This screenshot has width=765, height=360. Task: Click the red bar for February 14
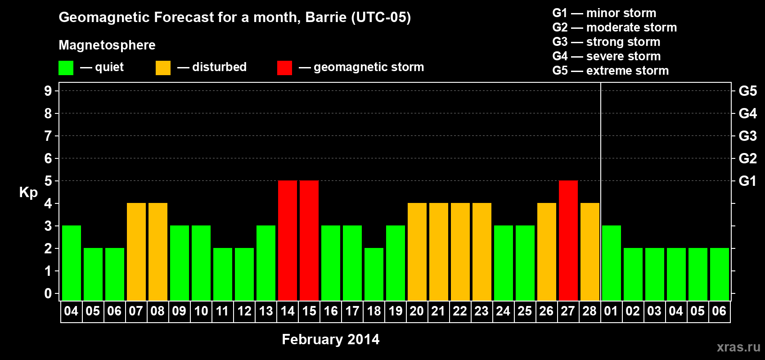(288, 240)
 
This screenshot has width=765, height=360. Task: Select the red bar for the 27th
(568, 240)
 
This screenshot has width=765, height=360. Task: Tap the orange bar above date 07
(136, 252)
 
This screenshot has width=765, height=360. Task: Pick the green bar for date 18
(374, 274)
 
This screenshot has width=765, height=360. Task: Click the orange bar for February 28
(590, 252)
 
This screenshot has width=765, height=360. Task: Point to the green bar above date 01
(612, 263)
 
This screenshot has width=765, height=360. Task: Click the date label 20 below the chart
(417, 311)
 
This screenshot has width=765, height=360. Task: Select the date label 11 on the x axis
(222, 311)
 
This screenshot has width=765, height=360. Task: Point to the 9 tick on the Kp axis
(48, 91)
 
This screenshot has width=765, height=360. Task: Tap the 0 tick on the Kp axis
(48, 293)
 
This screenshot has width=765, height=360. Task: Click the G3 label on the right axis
(747, 136)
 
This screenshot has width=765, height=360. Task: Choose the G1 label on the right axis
(747, 181)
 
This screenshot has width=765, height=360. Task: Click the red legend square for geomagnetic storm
(285, 67)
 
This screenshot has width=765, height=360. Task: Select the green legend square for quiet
(66, 67)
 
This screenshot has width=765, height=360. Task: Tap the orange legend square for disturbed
(163, 67)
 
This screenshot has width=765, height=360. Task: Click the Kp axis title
(28, 192)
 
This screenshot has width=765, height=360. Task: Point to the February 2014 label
(331, 339)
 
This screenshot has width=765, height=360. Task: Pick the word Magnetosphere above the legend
(107, 45)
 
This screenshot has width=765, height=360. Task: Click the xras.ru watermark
(738, 347)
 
